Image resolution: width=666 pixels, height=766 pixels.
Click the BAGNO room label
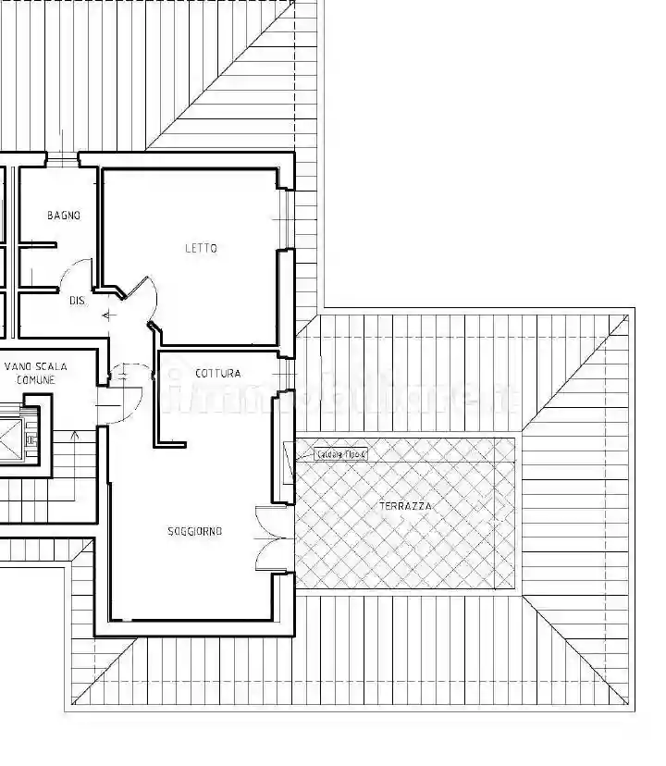64,216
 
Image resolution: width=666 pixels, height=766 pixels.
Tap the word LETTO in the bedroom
201,248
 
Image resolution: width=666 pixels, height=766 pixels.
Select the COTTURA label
218,374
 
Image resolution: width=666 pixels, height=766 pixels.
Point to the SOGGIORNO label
194,531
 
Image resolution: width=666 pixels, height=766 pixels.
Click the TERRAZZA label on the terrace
405,506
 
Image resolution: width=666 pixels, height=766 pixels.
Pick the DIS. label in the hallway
78,300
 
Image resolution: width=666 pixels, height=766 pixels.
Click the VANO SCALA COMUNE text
35,373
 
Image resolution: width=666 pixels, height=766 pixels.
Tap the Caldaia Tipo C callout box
341,454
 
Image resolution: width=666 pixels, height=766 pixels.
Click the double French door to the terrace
273,539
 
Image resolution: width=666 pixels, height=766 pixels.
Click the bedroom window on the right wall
287,220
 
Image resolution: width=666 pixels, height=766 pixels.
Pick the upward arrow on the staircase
76,435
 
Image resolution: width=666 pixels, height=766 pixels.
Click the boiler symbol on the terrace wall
287,455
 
